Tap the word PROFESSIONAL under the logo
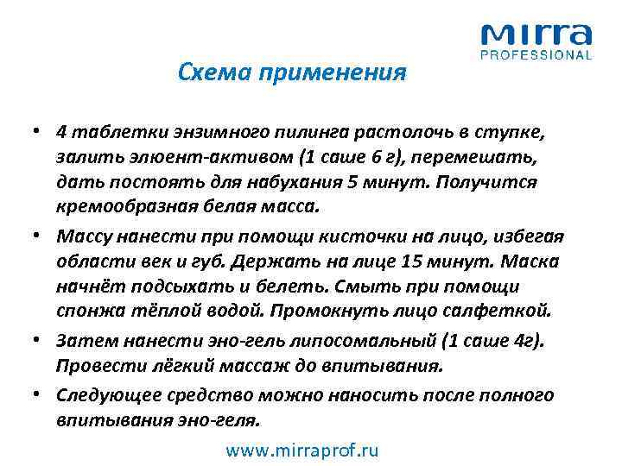pos(536,55)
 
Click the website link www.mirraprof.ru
pos(301,450)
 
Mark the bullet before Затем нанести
pos(41,342)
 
